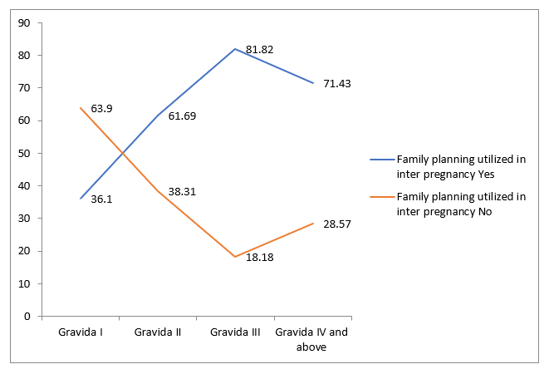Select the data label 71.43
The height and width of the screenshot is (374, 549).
tap(337, 83)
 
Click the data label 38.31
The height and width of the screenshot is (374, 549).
tap(183, 192)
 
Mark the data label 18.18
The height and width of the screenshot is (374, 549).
tap(260, 258)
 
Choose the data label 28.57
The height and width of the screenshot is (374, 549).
tap(337, 224)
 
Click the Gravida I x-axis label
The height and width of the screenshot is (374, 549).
tap(81, 332)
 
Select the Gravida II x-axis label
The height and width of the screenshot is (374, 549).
tap(158, 332)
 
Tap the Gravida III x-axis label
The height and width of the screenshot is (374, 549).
tap(235, 332)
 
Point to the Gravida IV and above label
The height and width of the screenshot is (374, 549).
tap(312, 340)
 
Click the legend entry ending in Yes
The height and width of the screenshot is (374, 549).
tap(460, 165)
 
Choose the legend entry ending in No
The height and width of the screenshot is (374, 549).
tap(460, 204)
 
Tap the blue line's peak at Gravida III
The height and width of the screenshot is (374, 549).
tap(235, 49)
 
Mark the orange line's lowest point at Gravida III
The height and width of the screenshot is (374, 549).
tap(235, 257)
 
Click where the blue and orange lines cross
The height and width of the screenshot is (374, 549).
tap(124, 153)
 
